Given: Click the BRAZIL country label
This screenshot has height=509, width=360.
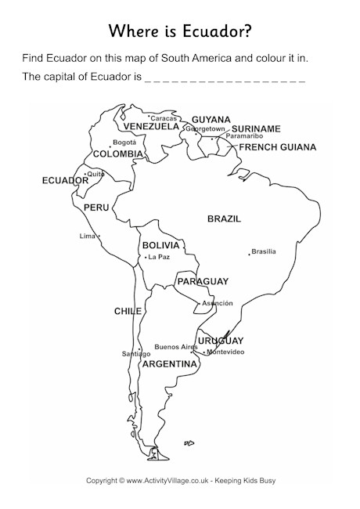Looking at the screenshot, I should point(224,218).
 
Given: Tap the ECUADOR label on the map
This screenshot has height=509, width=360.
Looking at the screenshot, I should point(65,180).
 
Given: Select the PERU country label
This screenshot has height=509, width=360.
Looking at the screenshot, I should point(95,208).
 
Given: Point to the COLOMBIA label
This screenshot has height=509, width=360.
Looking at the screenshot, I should point(117,154).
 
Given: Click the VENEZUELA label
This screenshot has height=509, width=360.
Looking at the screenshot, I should point(152,126).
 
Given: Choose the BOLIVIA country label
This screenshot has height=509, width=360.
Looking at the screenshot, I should point(161,245).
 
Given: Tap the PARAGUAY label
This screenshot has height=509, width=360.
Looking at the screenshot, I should point(202,281).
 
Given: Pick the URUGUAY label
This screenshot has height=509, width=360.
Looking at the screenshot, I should point(220,341).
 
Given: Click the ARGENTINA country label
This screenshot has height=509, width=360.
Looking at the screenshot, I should point(169,364).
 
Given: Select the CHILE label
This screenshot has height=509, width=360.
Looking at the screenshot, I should point(128,311).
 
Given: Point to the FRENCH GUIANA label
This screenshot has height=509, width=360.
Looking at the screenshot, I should point(278,147).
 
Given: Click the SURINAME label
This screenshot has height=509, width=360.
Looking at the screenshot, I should point(257,128).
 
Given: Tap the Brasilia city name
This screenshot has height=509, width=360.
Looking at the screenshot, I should point(265,251).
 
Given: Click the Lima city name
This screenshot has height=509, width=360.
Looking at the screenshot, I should point(86,236).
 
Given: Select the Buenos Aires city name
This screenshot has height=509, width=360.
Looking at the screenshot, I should point(176,346).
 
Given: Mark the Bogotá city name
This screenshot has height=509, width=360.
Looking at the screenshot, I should point(124,143).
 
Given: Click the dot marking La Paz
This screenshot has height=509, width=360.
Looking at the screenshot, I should point(146,257).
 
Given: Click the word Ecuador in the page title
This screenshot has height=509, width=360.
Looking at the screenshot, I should point(209,31).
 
